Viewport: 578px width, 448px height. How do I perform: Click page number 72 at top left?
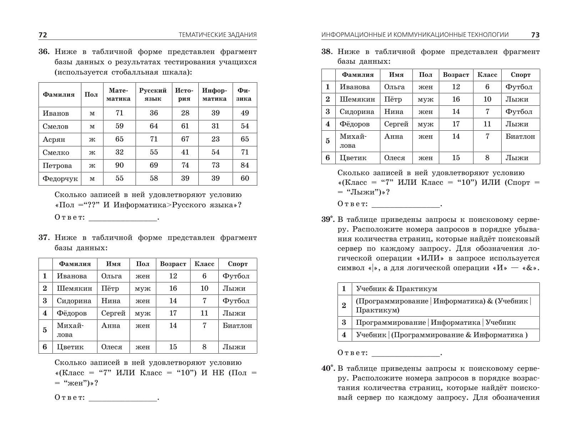click(x=43, y=35)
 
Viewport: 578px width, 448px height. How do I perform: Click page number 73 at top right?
click(x=535, y=35)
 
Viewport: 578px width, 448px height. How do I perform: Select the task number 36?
click(x=44, y=52)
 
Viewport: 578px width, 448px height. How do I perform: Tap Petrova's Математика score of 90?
click(x=120, y=165)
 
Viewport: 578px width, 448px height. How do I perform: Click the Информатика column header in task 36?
click(x=214, y=94)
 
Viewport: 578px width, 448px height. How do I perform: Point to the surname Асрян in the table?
click(x=54, y=139)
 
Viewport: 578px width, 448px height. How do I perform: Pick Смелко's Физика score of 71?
click(x=245, y=152)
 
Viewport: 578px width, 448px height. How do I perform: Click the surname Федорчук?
click(x=60, y=178)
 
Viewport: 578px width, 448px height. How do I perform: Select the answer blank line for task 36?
click(x=123, y=218)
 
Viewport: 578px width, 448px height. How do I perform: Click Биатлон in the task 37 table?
click(x=237, y=325)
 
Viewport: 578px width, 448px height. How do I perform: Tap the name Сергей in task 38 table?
click(x=396, y=124)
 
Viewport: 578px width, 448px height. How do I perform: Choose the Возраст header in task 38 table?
click(x=456, y=75)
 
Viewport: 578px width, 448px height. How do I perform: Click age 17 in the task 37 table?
click(x=173, y=313)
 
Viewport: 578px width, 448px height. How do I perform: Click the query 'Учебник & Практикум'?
click(x=396, y=289)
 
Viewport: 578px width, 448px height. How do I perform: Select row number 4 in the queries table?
click(x=344, y=335)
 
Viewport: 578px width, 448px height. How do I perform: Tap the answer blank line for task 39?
click(x=406, y=353)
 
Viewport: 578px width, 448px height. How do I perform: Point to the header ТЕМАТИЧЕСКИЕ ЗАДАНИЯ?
click(x=218, y=35)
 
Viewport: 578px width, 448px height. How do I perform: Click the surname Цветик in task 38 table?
click(x=353, y=158)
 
